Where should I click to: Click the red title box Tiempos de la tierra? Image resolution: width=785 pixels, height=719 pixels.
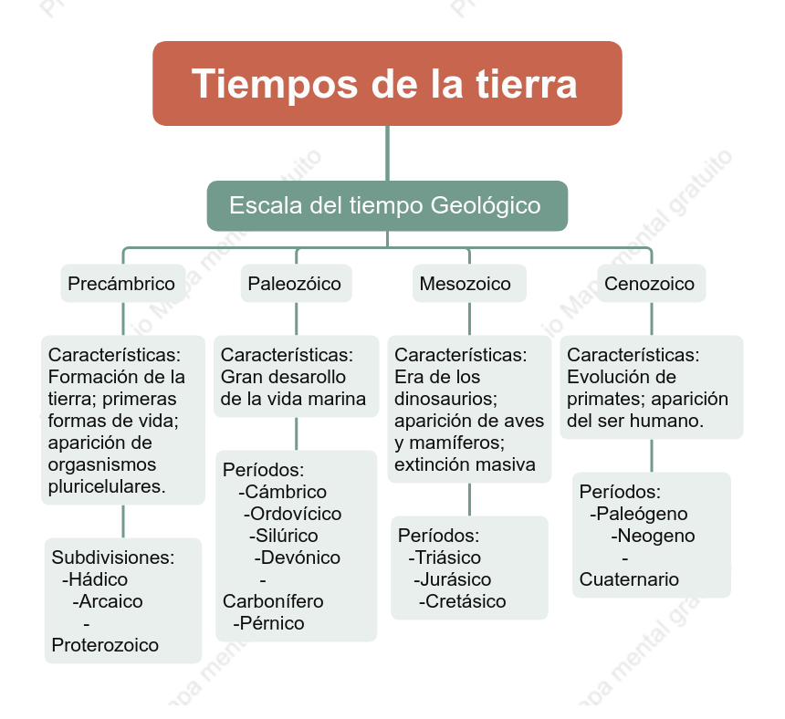tap(387, 84)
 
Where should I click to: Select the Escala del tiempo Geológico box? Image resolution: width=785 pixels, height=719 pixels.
tap(387, 205)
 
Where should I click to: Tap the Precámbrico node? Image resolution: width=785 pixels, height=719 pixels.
tap(122, 283)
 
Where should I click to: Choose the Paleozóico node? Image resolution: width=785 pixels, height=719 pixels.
tap(296, 283)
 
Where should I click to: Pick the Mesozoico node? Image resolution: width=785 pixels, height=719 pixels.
tap(469, 283)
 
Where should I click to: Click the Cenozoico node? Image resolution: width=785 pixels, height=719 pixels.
tap(652, 283)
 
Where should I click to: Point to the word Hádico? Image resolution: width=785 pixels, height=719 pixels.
tap(99, 579)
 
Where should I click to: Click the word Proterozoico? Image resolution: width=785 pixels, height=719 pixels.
tap(105, 645)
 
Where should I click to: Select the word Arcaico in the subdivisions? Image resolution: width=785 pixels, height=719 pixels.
tap(110, 601)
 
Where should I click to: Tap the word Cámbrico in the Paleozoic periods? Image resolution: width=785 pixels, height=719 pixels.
tap(286, 492)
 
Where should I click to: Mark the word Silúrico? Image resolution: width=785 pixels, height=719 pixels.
tap(287, 536)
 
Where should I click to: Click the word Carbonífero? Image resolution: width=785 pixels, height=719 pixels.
tap(273, 601)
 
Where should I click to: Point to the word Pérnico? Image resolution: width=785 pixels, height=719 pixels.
tap(272, 623)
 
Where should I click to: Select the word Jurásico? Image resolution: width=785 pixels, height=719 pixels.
tap(455, 579)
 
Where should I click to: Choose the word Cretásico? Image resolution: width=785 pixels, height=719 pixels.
tap(466, 601)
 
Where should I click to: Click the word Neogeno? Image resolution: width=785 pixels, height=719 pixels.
tap(655, 536)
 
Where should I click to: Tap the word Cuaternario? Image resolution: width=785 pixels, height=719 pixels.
tap(629, 579)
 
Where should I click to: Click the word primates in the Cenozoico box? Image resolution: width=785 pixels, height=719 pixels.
tap(606, 400)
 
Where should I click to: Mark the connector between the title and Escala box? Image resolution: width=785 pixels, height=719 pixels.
tap(387, 153)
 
